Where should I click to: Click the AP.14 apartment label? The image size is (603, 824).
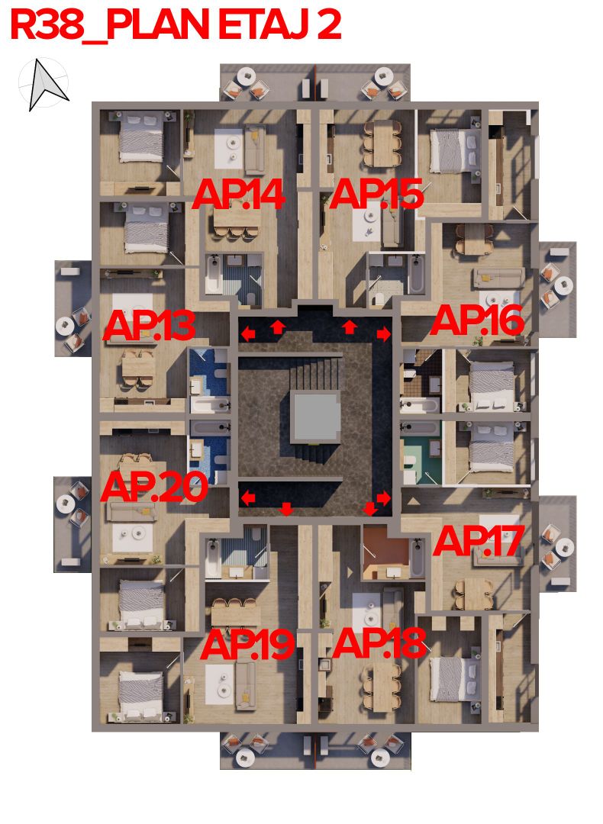(x=238, y=195)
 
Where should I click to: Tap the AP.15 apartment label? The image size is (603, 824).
(x=376, y=195)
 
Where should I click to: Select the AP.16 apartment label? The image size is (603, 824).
(x=477, y=321)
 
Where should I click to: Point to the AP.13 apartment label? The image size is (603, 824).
(x=149, y=327)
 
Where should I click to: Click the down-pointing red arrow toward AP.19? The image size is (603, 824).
(x=286, y=509)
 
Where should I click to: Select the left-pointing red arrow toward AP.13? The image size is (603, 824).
(x=248, y=333)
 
